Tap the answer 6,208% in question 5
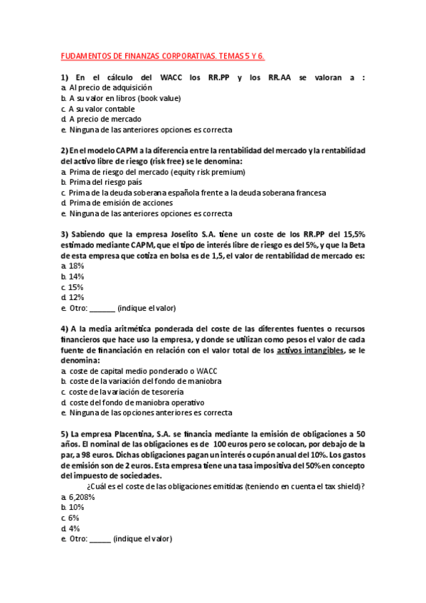[x=82, y=497]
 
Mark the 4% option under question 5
[x=74, y=529]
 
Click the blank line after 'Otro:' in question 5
[x=100, y=540]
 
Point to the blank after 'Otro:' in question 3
[x=102, y=309]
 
